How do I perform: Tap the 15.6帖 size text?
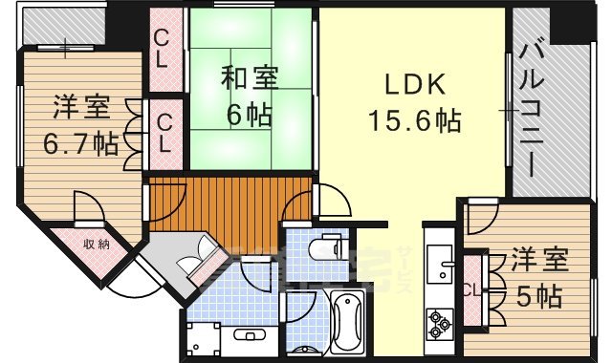(415, 120)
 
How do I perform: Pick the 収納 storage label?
(95, 244)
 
